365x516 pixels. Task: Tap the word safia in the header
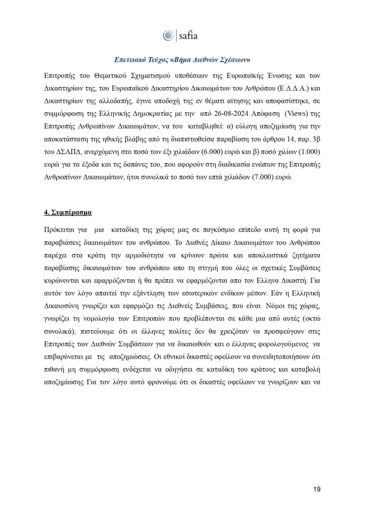pos(188,36)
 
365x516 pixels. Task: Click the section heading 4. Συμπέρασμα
pos(68,212)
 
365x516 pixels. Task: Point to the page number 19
pos(317,489)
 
